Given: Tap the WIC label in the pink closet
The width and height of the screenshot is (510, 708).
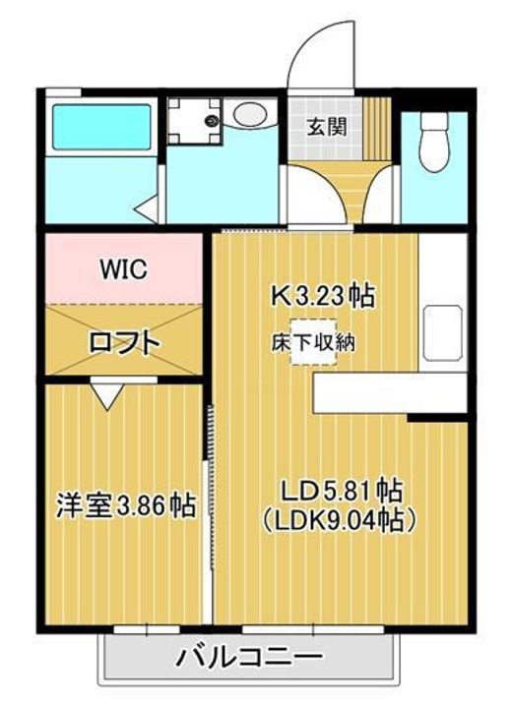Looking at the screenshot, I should [123, 268].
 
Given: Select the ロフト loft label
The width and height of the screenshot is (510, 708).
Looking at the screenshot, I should [123, 342].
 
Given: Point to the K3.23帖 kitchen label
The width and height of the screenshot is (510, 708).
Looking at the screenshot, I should [324, 295].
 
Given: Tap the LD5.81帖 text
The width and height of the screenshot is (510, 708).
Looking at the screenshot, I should [340, 489].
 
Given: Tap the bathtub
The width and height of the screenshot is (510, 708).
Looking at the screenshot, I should [97, 127].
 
